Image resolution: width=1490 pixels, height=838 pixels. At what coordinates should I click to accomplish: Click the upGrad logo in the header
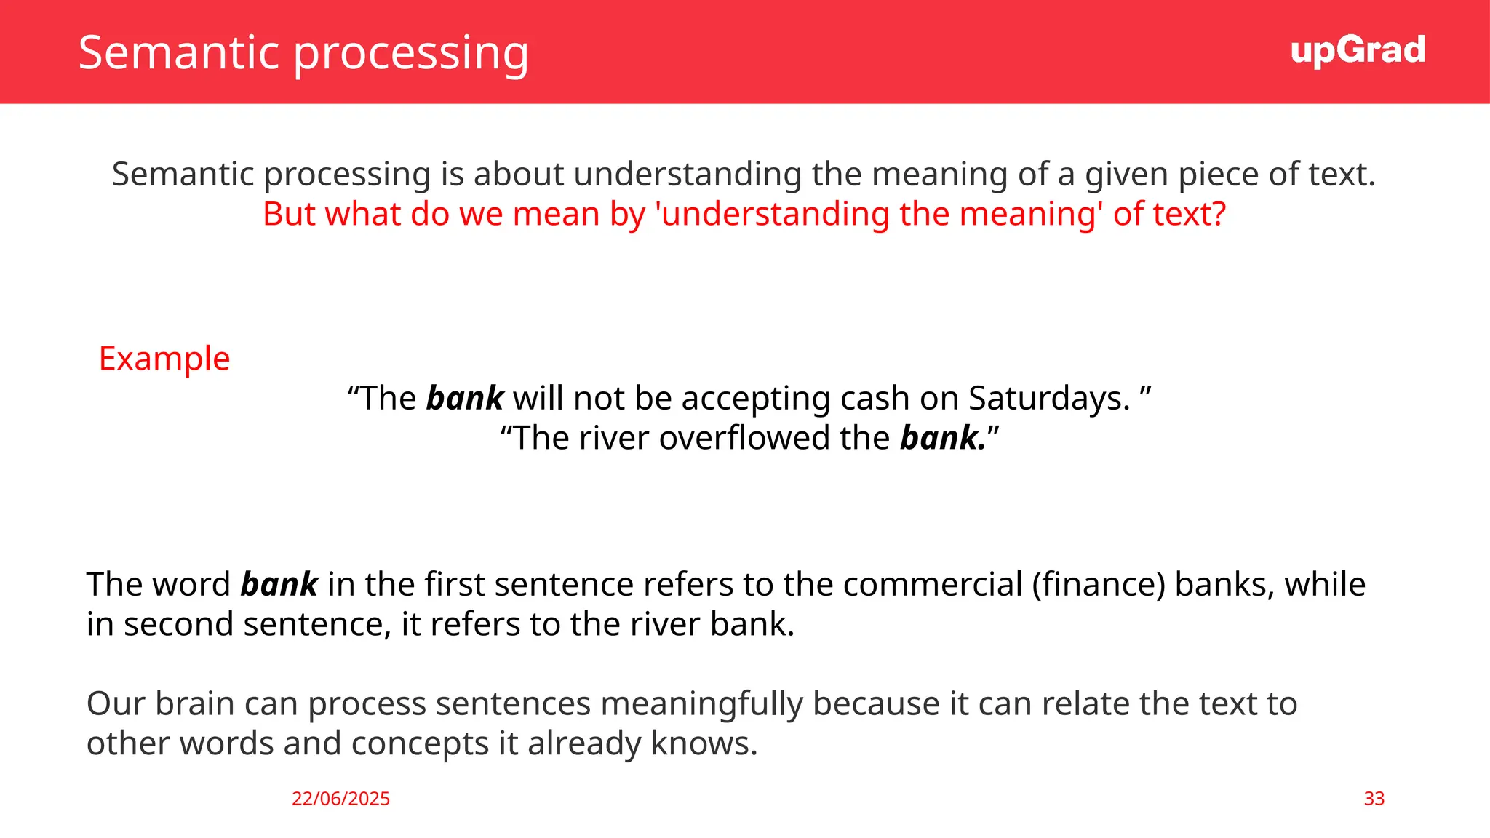click(x=1358, y=51)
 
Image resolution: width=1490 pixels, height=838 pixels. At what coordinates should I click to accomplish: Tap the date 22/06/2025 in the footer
click(x=340, y=799)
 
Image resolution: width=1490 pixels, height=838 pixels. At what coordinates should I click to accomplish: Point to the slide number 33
click(x=1374, y=799)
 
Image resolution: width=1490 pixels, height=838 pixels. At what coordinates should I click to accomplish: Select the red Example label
click(x=164, y=359)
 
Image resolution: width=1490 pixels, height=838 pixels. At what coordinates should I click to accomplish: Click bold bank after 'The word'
click(x=279, y=585)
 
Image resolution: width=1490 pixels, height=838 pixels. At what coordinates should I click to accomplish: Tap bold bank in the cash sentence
click(x=465, y=399)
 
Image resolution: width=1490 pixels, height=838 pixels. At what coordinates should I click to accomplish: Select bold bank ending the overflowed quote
click(x=941, y=438)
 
